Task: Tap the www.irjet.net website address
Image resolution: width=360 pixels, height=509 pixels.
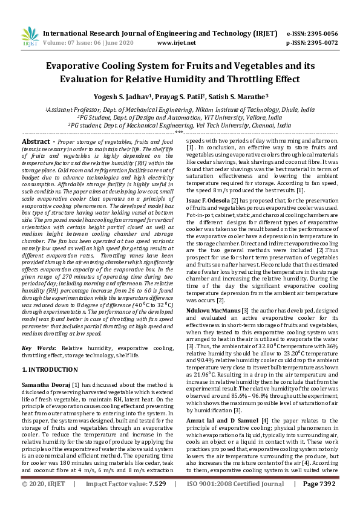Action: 175,43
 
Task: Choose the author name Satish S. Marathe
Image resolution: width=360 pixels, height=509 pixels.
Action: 237,96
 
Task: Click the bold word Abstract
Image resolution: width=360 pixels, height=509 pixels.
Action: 34,141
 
